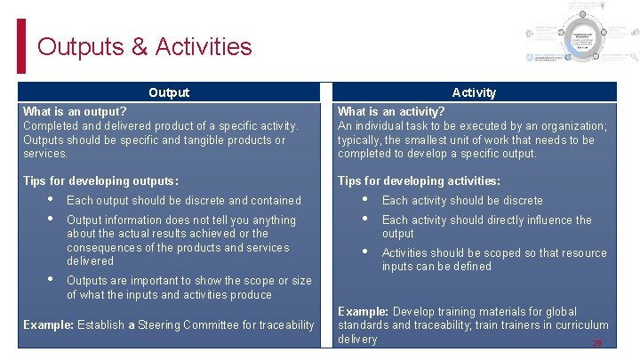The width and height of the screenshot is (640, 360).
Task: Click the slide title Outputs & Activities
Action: tap(144, 46)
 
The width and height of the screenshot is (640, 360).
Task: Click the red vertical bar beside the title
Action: tap(21, 46)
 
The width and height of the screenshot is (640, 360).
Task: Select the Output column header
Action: tap(169, 92)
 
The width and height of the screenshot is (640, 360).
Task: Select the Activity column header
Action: tap(474, 92)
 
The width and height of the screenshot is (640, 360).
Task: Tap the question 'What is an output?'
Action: tap(75, 112)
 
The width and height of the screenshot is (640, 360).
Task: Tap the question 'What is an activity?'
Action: tap(391, 112)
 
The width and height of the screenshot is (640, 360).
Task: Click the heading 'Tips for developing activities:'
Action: tap(419, 180)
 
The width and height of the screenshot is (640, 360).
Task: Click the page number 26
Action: tap(597, 343)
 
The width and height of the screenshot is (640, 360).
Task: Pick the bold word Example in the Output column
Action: tap(48, 325)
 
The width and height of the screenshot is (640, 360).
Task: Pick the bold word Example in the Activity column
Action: tap(363, 312)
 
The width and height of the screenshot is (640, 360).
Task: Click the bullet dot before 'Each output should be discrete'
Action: tap(51, 200)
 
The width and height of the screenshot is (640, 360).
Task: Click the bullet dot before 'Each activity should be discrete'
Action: tap(365, 200)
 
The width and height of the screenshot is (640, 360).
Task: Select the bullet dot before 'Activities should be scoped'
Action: tap(365, 252)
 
